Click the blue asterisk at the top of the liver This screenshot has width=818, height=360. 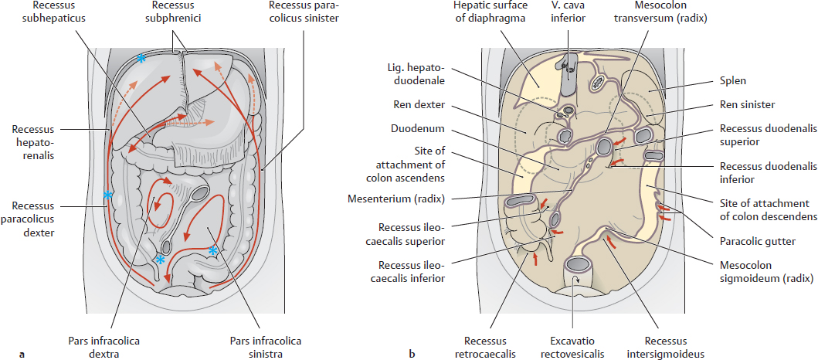[141, 59]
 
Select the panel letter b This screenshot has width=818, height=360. [412, 355]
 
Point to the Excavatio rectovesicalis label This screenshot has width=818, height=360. [572, 346]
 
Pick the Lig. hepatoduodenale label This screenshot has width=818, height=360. [422, 75]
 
